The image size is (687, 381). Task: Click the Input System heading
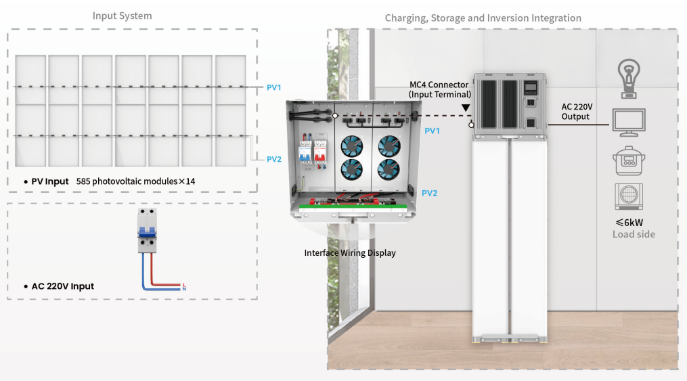[122, 16]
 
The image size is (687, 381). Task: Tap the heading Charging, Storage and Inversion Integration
[483, 18]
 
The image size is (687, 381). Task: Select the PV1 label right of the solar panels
[273, 87]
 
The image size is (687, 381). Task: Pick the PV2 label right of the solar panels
[273, 159]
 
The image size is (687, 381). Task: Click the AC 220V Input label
[62, 286]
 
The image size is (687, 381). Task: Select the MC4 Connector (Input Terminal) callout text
[439, 89]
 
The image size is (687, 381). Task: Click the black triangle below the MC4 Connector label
[466, 108]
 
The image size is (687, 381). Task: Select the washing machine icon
[629, 196]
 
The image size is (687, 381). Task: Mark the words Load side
[634, 234]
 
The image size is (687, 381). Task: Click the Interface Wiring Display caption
[349, 253]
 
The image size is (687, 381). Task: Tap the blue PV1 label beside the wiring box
[432, 131]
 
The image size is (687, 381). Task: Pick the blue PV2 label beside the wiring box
[429, 193]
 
